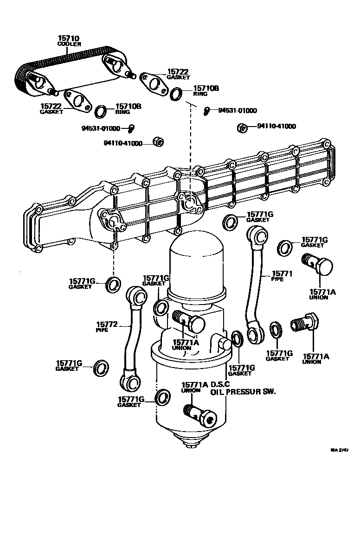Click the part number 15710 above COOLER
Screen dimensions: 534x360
69,38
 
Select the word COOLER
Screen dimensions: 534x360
69,44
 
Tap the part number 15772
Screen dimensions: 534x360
107,324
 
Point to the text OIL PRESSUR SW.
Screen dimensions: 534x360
243,392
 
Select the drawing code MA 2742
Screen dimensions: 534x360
339,450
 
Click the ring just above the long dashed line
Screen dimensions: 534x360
177,93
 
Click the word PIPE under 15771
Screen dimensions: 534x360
277,280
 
